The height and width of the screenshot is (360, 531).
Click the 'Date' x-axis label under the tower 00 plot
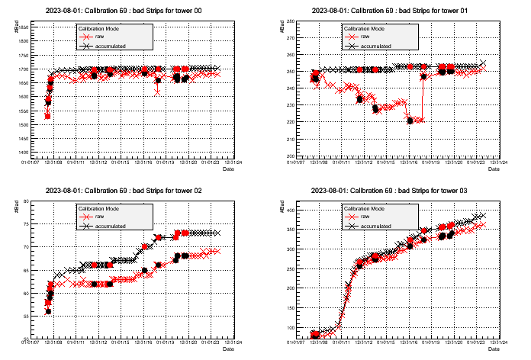[228, 169]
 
